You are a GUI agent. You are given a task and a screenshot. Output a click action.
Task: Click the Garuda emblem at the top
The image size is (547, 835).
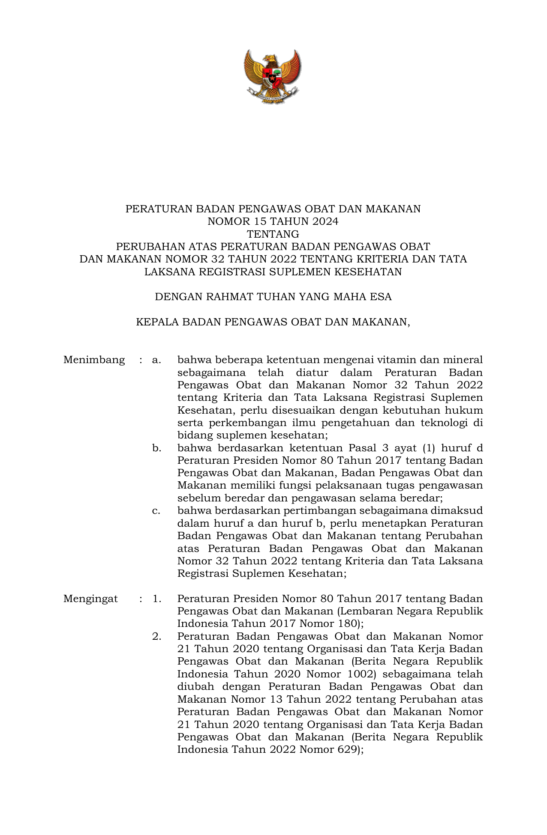pyautogui.click(x=273, y=76)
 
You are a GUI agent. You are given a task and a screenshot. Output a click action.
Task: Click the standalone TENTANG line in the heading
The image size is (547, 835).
pyautogui.click(x=273, y=234)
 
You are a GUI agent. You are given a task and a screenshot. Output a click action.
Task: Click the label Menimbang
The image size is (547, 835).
pyautogui.click(x=94, y=360)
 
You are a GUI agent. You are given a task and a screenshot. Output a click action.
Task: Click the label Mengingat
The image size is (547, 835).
pyautogui.click(x=90, y=599)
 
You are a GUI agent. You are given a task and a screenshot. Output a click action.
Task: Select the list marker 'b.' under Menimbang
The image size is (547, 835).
pyautogui.click(x=157, y=448)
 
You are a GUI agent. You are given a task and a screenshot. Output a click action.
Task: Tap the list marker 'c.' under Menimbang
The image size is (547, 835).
pyautogui.click(x=156, y=511)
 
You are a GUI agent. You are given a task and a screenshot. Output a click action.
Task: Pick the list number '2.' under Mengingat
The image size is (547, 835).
pyautogui.click(x=157, y=636)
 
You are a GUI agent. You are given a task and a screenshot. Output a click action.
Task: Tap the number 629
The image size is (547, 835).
pyautogui.click(x=346, y=749)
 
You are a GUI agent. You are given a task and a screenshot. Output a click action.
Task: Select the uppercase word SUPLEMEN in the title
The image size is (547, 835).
pyautogui.click(x=296, y=272)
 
